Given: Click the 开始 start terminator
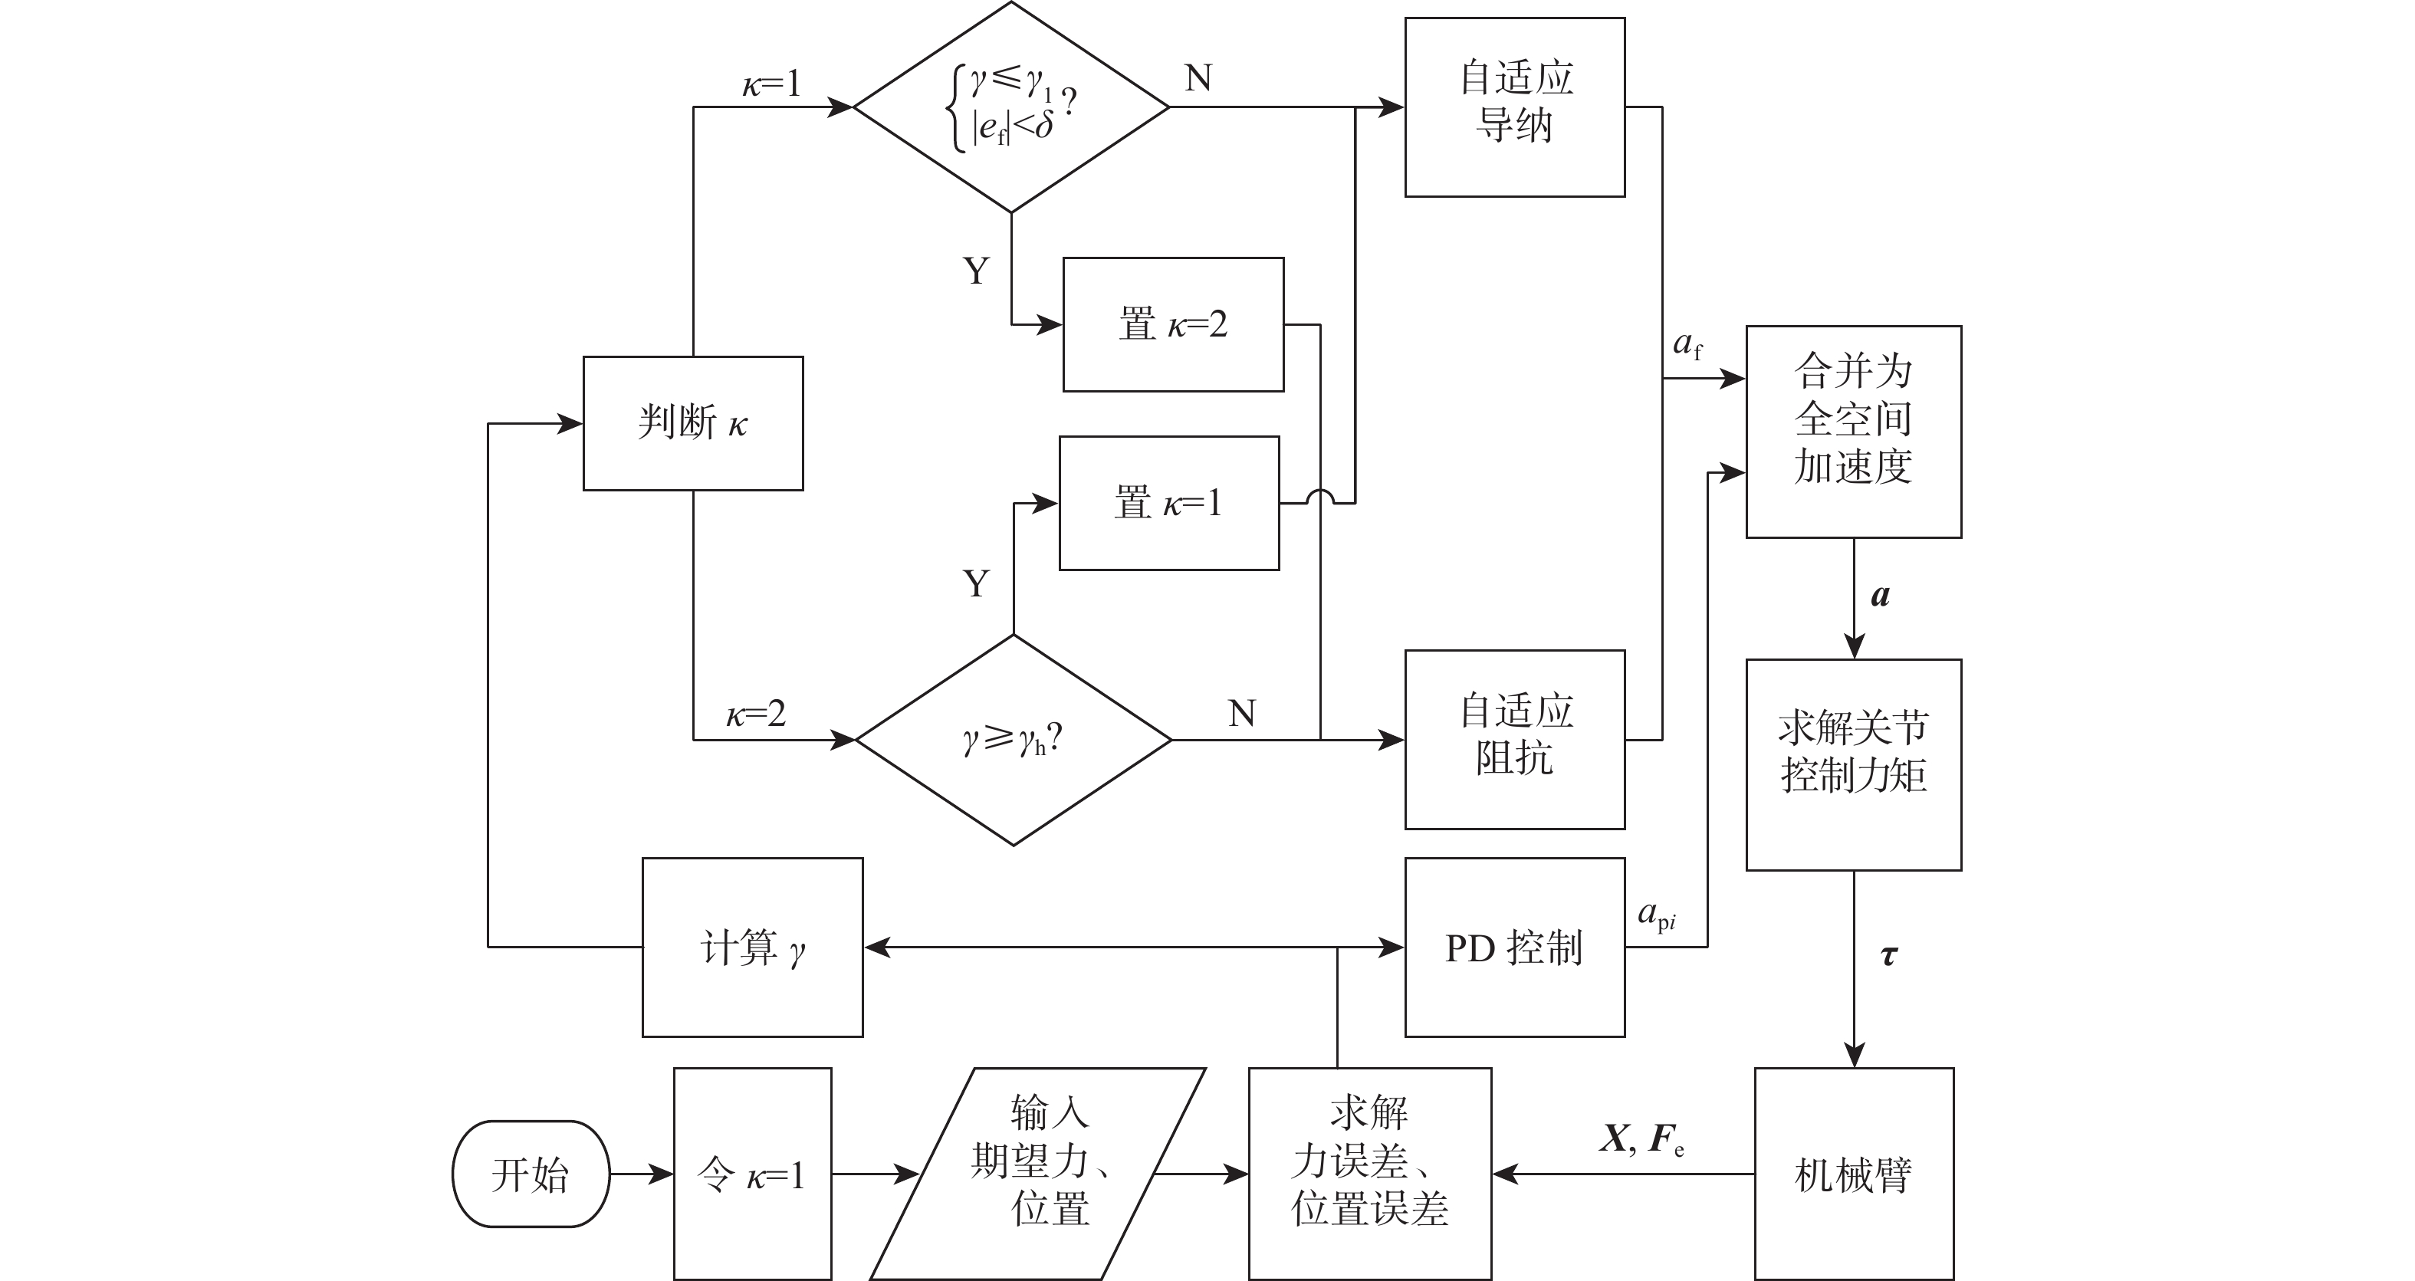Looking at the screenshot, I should point(531,1174).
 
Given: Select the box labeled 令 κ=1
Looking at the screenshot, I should point(752,1174).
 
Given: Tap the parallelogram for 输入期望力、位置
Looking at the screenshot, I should point(1039,1174).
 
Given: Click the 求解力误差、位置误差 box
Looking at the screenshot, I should point(1370,1174).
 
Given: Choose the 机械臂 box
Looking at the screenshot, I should point(1854,1174).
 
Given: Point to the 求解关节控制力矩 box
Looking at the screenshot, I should point(1854,764).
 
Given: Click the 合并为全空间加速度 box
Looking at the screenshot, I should point(1854,432).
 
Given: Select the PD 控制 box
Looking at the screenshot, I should point(1514,948).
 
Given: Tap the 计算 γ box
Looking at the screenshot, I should point(752,948).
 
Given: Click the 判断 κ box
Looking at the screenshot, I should point(693,422).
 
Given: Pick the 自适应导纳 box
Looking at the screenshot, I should point(1514,107).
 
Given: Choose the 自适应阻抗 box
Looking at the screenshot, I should point(1514,739).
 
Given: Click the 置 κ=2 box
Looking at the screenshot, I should point(1173,324).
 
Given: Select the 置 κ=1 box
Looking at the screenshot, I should point(1169,503).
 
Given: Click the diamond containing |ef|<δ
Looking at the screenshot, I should point(1011,107).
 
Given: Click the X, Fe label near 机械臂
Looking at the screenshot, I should point(1641,1139).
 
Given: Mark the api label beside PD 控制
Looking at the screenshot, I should point(1657,915).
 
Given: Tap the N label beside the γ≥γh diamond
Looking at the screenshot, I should point(1242,714).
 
